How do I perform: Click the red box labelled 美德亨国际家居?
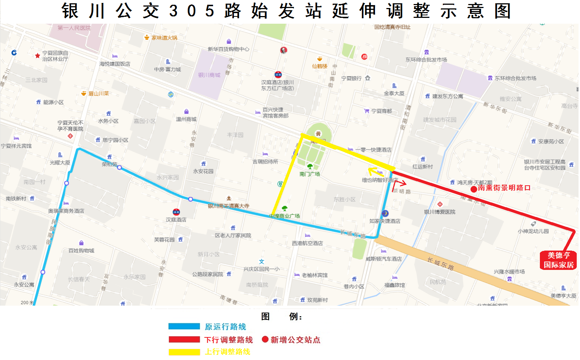[x=558, y=260]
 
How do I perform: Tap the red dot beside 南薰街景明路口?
[x=473, y=189]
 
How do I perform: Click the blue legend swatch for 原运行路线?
[x=184, y=326]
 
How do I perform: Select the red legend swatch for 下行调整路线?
[x=184, y=340]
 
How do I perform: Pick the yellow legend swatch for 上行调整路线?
[x=184, y=352]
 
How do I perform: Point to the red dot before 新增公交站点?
[x=265, y=340]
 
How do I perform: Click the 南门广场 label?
[x=310, y=174]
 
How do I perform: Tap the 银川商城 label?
[x=209, y=75]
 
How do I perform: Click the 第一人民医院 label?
[x=74, y=28]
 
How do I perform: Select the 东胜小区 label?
[x=344, y=200]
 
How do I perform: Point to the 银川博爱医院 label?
[x=440, y=212]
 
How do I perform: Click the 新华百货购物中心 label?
[x=229, y=49]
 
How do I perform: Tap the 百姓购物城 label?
[x=81, y=251]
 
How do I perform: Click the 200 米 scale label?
[x=27, y=303]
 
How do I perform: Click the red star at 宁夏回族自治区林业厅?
[x=37, y=56]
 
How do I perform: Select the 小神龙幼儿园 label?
[x=533, y=231]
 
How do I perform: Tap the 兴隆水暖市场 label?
[x=509, y=272]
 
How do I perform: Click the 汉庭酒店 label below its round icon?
[x=176, y=220]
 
